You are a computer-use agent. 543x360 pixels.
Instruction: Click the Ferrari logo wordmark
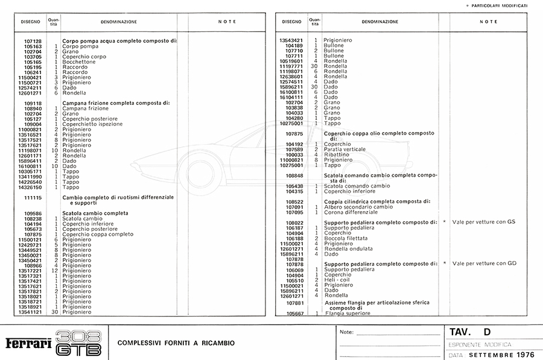click(29, 343)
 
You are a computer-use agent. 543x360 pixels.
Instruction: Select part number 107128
click(32, 41)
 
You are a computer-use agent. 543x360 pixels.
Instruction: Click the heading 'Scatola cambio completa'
click(95, 213)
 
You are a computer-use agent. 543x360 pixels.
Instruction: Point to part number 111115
click(32, 197)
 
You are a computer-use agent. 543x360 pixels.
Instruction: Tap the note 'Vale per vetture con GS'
click(483, 222)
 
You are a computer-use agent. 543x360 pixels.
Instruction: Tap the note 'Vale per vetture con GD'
click(484, 264)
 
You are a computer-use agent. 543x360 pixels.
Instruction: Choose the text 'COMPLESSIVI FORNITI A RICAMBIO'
click(176, 343)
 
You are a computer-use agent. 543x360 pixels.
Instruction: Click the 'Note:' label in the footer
click(347, 332)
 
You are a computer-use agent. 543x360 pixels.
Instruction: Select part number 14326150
click(32, 187)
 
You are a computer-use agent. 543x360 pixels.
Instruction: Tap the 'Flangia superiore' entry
click(348, 314)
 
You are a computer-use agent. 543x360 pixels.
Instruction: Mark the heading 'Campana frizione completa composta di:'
click(116, 103)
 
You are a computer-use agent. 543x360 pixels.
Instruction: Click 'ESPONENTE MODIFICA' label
click(479, 344)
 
